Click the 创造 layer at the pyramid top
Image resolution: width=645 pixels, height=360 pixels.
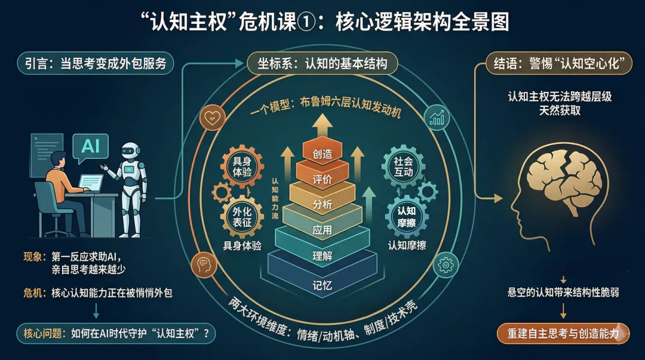tap(322, 153)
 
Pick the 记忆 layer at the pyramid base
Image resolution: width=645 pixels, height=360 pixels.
tap(322, 284)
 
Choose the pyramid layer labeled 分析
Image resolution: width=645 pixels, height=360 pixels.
tap(322, 204)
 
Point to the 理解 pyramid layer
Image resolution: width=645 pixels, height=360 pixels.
tap(322, 256)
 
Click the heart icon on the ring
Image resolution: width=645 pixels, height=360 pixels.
tap(211, 116)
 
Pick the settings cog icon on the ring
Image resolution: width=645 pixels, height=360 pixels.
tap(446, 264)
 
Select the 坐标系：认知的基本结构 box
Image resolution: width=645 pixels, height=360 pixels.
tap(322, 64)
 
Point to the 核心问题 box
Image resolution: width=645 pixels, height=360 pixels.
tap(116, 333)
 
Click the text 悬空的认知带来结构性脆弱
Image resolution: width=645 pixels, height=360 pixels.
tap(563, 293)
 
